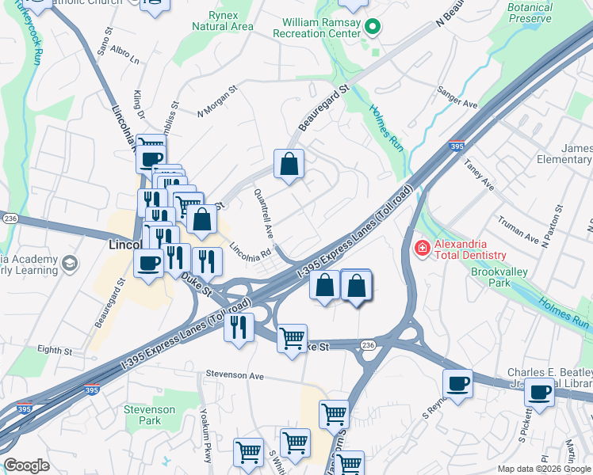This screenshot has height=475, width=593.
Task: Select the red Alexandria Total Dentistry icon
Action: point(422,249)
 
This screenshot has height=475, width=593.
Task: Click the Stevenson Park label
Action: point(149,415)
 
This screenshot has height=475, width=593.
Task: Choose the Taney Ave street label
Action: point(480,175)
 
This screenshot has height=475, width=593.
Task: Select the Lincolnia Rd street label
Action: point(251,253)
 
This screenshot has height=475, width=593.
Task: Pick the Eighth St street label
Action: point(55,349)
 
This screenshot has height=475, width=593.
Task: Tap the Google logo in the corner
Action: point(26,465)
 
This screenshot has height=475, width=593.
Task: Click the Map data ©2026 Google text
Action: point(544,469)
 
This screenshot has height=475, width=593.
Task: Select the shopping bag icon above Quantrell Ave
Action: point(289,164)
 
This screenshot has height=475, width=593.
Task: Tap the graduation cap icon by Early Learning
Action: point(69,263)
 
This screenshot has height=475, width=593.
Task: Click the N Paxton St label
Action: point(553,227)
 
